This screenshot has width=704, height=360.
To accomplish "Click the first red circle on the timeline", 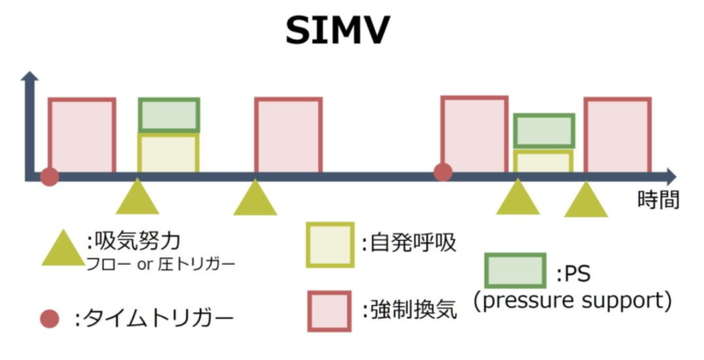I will (x=49, y=176).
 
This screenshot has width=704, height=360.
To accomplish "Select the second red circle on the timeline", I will (x=443, y=171).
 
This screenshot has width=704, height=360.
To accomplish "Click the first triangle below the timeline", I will (x=137, y=198).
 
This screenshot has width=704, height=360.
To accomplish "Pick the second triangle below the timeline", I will (x=255, y=199).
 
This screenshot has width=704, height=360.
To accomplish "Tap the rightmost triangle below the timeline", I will (x=586, y=201).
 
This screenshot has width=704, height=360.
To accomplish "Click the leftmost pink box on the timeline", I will (x=82, y=135).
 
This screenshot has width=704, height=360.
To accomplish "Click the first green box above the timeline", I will (x=169, y=115).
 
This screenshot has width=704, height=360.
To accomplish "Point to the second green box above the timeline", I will (x=544, y=131).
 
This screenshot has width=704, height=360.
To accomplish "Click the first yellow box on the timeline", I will (x=168, y=152).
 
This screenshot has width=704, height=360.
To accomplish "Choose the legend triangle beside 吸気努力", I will (x=62, y=248).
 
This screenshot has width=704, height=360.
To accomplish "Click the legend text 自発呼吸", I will (x=408, y=243).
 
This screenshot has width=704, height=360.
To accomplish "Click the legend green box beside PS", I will (x=515, y=270).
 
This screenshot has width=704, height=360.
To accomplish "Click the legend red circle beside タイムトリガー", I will (x=50, y=319).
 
